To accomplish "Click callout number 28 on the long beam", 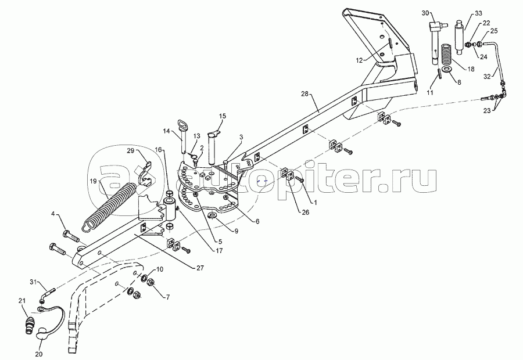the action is pos(305,94).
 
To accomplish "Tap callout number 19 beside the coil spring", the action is pos(94,181).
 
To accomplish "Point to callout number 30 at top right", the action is pos(425,13).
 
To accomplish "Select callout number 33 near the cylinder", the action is pos(479,13).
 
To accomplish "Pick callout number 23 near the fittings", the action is pos(487,110).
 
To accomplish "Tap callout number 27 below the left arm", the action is pos(200,268).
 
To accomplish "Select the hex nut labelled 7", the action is pos(151,282).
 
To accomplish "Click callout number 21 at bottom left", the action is pos(22,301).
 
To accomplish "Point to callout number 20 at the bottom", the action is pos(39,354).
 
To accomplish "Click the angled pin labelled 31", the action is pos(48,294).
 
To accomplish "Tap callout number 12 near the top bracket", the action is pos(359,60).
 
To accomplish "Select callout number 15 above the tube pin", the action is pos(223,116).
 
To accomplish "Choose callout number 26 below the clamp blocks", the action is pos(305,212).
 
